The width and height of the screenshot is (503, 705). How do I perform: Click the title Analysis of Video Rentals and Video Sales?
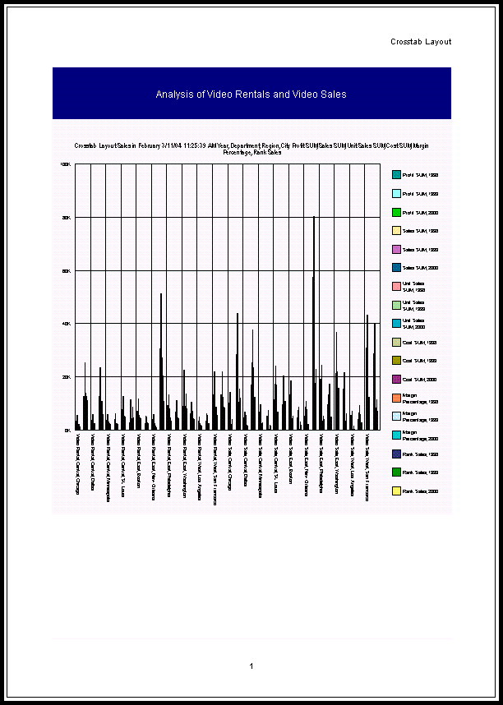click(x=251, y=94)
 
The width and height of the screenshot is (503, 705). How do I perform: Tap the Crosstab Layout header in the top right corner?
click(x=421, y=42)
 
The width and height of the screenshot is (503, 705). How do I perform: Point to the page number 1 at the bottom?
click(x=251, y=666)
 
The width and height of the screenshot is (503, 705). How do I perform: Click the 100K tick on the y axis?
click(x=66, y=164)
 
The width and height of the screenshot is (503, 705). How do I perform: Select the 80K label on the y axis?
click(x=67, y=218)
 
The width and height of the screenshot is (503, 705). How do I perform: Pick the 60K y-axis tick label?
click(x=67, y=270)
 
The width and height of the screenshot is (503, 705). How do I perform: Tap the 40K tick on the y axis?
click(x=67, y=324)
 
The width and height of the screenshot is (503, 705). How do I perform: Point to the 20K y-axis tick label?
click(x=67, y=377)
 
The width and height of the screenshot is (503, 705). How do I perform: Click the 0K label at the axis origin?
click(x=67, y=430)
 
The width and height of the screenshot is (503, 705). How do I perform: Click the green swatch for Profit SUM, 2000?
click(x=396, y=212)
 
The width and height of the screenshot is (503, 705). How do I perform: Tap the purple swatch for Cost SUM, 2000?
click(x=396, y=379)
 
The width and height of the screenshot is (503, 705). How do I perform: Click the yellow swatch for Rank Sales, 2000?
click(x=396, y=491)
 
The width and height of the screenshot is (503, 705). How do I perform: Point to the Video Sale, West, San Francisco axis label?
click(x=367, y=468)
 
